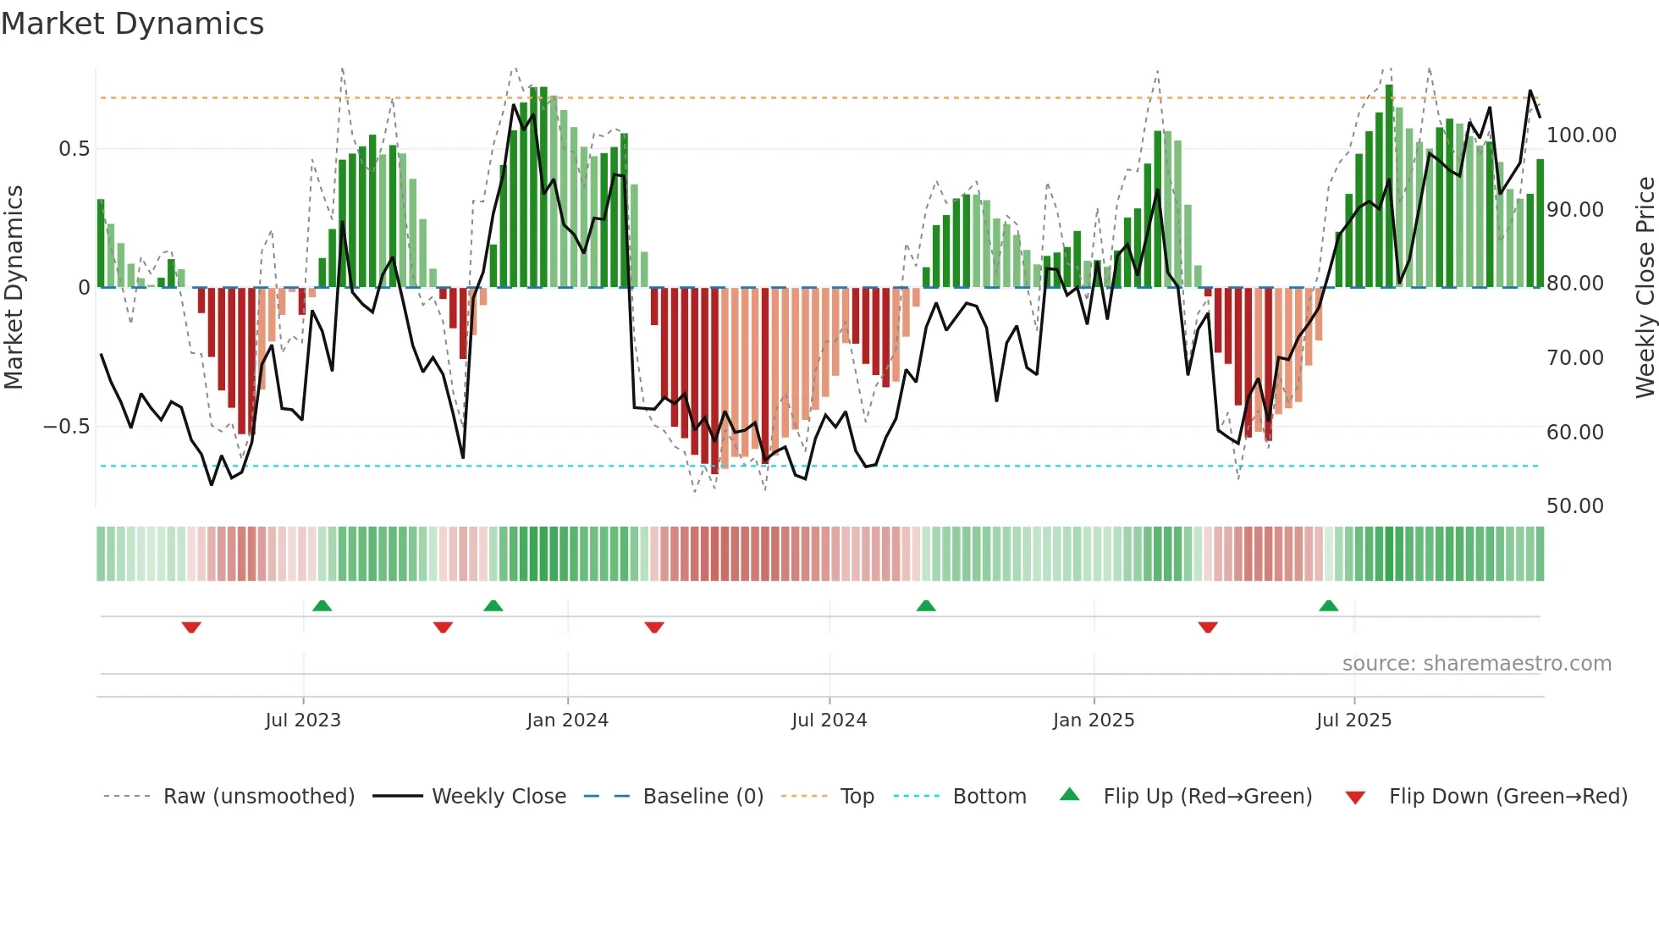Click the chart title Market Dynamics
point(132,24)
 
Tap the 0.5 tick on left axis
point(74,149)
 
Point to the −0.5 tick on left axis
point(67,427)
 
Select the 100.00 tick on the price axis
point(1581,135)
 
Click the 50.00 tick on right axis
point(1574,506)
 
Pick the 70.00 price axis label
point(1574,358)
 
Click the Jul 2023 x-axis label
point(303,720)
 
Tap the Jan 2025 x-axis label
point(1094,720)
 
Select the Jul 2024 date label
point(829,720)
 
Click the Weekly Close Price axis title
point(1645,288)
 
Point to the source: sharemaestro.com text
point(1476,664)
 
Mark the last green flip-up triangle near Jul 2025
point(1328,606)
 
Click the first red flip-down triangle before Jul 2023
point(191,627)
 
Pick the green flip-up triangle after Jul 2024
point(926,606)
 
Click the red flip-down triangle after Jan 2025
point(1208,627)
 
